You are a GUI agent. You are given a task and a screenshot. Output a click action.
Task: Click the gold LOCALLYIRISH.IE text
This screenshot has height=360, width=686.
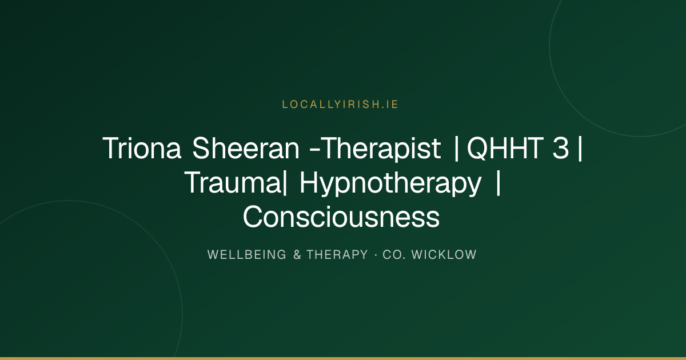(340, 105)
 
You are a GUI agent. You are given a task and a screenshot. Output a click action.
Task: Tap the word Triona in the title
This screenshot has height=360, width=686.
(142, 148)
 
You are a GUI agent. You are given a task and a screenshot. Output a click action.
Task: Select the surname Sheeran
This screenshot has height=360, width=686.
(246, 148)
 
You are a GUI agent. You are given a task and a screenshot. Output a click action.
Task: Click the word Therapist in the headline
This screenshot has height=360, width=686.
(382, 149)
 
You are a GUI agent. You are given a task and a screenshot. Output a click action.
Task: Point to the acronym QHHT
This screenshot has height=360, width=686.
(505, 149)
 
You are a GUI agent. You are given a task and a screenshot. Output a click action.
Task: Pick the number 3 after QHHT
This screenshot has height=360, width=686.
(561, 148)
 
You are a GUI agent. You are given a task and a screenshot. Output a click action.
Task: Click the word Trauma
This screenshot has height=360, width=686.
(233, 183)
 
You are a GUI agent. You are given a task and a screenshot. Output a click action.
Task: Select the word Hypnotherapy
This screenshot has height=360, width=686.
(390, 184)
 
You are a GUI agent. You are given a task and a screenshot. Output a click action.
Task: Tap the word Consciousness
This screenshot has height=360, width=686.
(341, 217)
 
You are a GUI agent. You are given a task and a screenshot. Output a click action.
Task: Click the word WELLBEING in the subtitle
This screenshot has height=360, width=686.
(247, 255)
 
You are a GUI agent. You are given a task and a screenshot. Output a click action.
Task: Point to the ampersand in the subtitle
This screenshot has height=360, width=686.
(297, 255)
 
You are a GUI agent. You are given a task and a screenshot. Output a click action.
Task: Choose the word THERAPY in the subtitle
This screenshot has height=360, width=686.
(337, 255)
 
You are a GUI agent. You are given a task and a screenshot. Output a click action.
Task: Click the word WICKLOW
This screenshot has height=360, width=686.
(444, 255)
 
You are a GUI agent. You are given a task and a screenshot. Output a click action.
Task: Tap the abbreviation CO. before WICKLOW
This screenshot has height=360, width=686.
(394, 255)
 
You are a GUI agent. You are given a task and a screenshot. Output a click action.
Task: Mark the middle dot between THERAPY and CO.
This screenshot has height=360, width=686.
(376, 255)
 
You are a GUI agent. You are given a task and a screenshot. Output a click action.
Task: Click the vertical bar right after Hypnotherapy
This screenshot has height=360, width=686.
(498, 183)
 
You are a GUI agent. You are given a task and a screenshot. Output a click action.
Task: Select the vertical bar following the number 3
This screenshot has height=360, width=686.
(580, 149)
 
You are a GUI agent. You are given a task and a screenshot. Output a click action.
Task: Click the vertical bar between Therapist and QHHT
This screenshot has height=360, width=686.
(456, 149)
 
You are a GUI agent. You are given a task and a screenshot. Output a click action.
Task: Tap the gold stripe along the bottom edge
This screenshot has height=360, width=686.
(343, 358)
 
